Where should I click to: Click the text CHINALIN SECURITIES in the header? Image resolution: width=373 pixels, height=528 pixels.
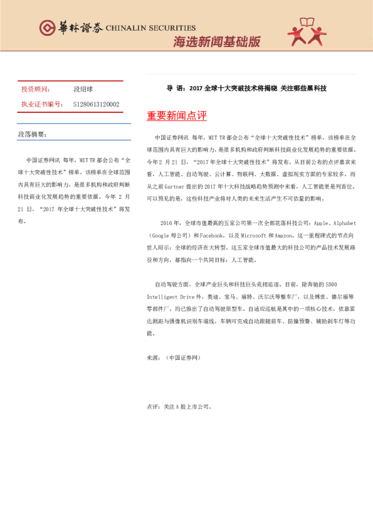[x=150, y=28]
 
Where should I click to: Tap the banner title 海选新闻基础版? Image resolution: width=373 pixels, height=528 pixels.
[x=216, y=42]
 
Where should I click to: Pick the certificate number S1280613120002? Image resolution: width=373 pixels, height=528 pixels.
[x=96, y=104]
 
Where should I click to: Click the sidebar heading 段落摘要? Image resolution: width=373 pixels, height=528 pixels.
[x=31, y=134]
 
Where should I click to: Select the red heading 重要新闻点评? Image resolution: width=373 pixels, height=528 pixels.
[x=177, y=116]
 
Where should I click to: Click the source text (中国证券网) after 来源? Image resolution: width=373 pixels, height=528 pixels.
[x=183, y=357]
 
